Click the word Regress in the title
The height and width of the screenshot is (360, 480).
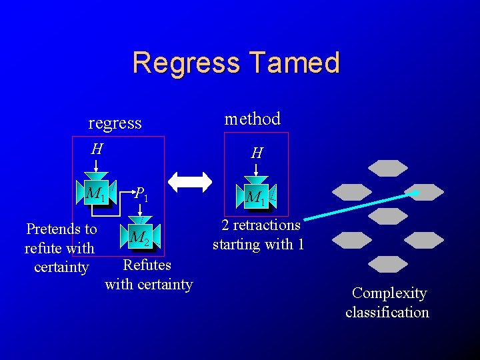pyautogui.click(x=186, y=63)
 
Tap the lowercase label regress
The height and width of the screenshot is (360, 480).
pyautogui.click(x=115, y=123)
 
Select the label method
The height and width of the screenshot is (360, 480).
pyautogui.click(x=252, y=119)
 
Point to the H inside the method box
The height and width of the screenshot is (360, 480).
pyautogui.click(x=257, y=153)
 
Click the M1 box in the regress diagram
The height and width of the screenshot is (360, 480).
pyautogui.click(x=96, y=193)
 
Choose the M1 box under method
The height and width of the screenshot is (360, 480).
pyautogui.click(x=256, y=197)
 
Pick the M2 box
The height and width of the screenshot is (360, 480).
pyautogui.click(x=141, y=237)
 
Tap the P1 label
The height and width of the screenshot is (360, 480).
pyautogui.click(x=141, y=194)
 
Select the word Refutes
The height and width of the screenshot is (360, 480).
pyautogui.click(x=147, y=265)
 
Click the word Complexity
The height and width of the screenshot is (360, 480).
pyautogui.click(x=389, y=293)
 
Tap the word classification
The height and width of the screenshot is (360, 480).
pyautogui.click(x=387, y=312)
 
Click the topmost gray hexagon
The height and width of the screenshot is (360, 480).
pyautogui.click(x=388, y=168)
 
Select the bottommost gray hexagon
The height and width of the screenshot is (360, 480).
pyautogui.click(x=388, y=264)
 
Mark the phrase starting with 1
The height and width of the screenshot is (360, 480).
pyautogui.click(x=259, y=245)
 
